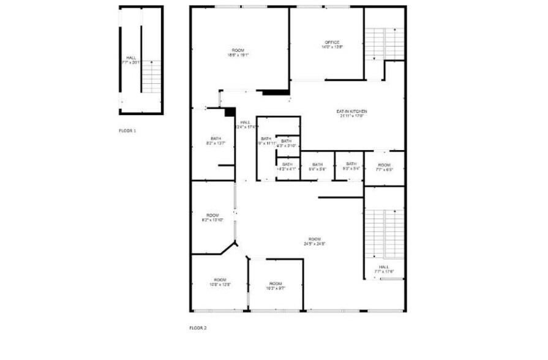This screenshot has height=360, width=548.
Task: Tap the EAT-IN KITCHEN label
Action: click(x=350, y=111)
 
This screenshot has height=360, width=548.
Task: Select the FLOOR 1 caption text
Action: click(x=128, y=130)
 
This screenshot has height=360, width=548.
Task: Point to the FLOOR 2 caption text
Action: click(x=198, y=328)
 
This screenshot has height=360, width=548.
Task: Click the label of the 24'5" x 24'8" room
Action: click(x=314, y=239)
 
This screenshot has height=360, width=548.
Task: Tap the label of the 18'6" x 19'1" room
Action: click(x=238, y=50)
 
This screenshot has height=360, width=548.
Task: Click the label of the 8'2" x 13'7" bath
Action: click(x=216, y=139)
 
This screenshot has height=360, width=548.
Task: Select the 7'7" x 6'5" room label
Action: click(x=384, y=165)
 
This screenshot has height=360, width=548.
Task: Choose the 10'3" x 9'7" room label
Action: click(x=276, y=283)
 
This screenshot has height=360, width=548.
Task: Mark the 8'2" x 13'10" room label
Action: click(x=212, y=216)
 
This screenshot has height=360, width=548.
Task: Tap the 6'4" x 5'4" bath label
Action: click(x=317, y=164)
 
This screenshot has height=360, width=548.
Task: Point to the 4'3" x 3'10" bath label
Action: click(x=287, y=141)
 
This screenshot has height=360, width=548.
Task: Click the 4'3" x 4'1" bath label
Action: click(x=287, y=164)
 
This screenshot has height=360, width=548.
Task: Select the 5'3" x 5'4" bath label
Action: click(x=351, y=163)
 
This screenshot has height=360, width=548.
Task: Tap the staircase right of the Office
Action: click(x=384, y=43)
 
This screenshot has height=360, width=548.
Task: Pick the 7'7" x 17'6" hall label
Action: click(x=384, y=267)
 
